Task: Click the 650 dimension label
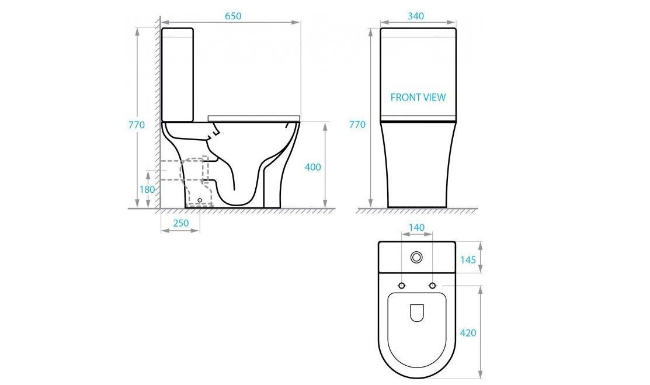(232, 16)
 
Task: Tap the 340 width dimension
(416, 16)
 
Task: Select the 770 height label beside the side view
(137, 124)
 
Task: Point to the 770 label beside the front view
(357, 124)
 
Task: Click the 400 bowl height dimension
(313, 167)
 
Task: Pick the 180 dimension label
(147, 190)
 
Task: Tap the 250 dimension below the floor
(180, 223)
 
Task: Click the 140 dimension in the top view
(416, 227)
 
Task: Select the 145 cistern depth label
(468, 260)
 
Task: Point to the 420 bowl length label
(468, 333)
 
